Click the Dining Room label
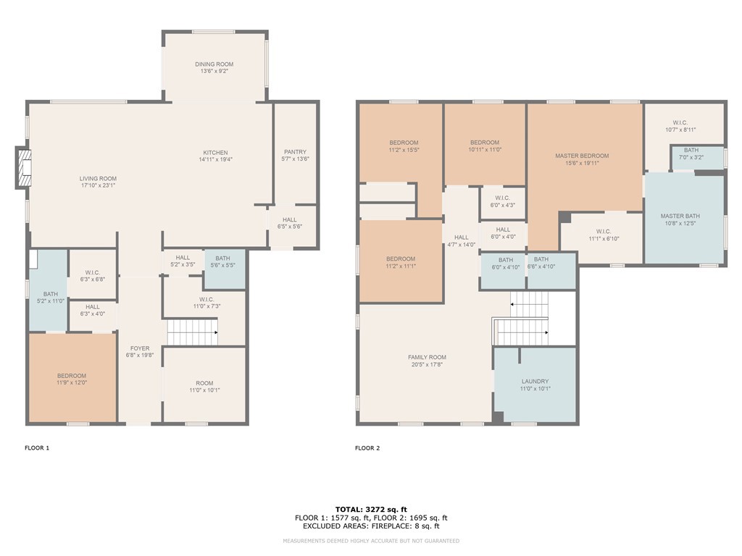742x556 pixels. [x=214, y=64]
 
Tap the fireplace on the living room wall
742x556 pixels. [x=24, y=168]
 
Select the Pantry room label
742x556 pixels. [x=296, y=152]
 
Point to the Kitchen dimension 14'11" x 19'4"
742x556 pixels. [x=215, y=160]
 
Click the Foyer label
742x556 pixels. [x=140, y=348]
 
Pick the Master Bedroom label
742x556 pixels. [x=582, y=156]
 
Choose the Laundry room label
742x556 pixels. [x=535, y=382]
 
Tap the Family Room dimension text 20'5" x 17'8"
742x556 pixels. [x=428, y=365]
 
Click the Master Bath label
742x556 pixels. [x=680, y=216]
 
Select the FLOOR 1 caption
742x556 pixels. [x=37, y=447]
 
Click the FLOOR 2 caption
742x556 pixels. [x=367, y=447]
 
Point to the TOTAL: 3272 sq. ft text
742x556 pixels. [x=371, y=509]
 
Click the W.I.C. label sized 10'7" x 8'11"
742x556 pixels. [x=680, y=123]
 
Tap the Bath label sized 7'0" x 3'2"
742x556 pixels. [x=691, y=151]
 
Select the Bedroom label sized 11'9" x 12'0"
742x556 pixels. [x=72, y=376]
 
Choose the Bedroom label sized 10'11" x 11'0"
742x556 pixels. [x=485, y=143]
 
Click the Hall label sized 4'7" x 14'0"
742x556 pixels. [x=462, y=237]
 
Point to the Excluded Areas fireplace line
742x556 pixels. [x=371, y=526]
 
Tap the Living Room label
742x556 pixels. [x=98, y=179]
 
